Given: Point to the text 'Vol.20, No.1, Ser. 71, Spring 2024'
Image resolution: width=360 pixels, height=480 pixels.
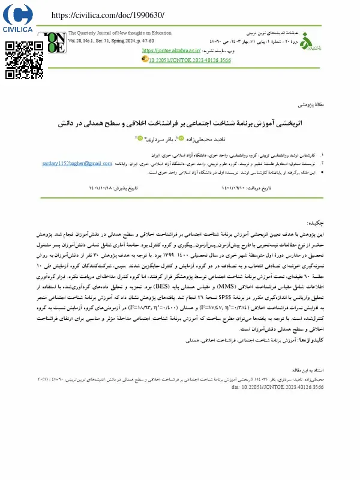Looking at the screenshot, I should point(110,40).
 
